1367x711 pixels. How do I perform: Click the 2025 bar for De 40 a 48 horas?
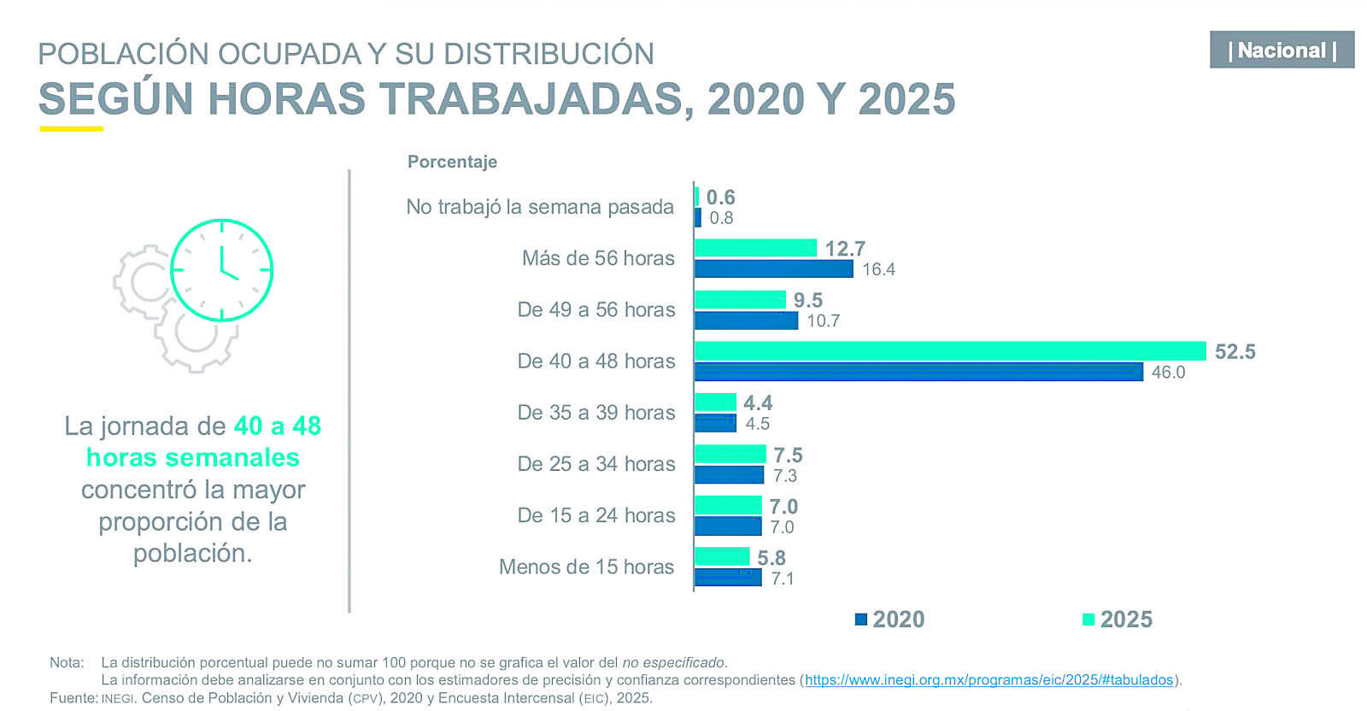click(950, 351)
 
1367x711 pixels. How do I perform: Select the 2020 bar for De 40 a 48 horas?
click(918, 372)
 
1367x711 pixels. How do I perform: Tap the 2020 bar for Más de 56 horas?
click(774, 268)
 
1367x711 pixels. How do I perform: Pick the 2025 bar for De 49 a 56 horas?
click(740, 300)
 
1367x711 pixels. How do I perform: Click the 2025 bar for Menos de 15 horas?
click(722, 556)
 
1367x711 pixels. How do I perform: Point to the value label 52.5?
click(1235, 351)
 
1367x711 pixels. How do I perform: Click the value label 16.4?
click(879, 269)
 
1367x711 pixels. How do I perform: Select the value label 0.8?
click(721, 218)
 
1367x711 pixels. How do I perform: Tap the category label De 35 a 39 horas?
click(596, 413)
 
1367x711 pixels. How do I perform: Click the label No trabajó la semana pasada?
click(540, 207)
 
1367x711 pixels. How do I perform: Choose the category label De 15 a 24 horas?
click(596, 515)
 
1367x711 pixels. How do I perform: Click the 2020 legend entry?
click(889, 620)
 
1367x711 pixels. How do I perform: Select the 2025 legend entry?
click(1118, 620)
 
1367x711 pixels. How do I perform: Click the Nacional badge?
click(1282, 50)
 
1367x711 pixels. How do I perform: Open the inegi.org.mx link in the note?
click(989, 680)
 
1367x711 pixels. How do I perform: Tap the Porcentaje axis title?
click(452, 162)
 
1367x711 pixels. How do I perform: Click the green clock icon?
click(221, 270)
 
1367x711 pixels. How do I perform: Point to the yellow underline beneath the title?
click(72, 129)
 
